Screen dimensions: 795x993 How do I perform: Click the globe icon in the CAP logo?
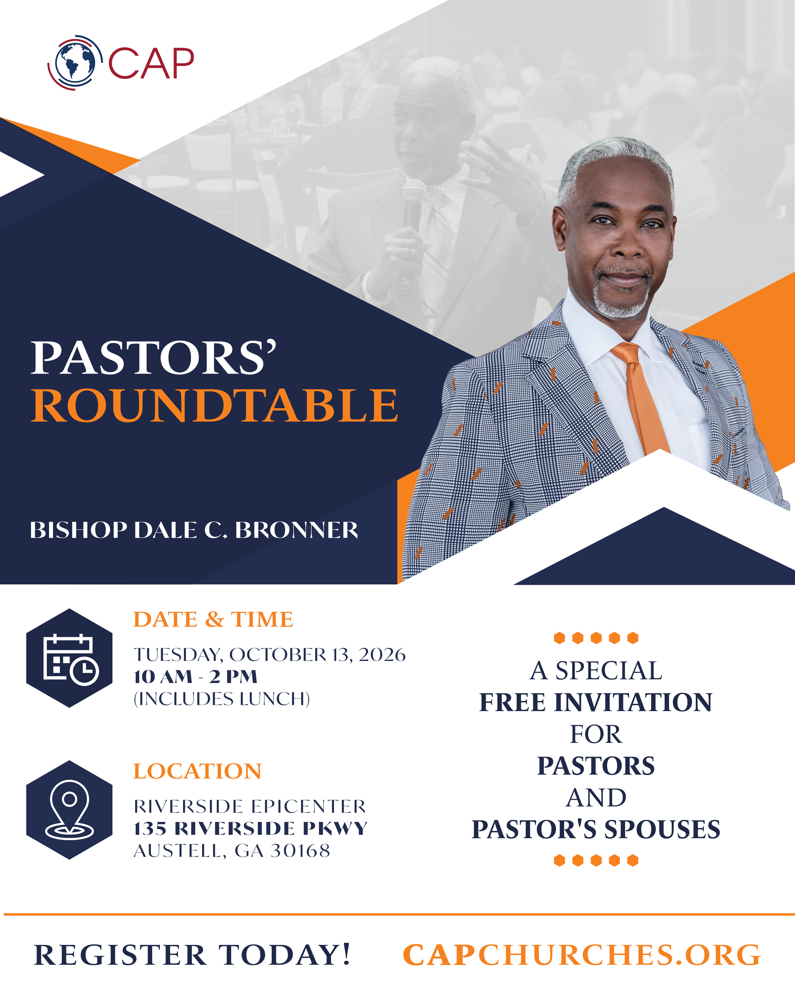(x=75, y=62)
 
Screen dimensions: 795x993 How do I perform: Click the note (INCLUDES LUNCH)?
(x=222, y=699)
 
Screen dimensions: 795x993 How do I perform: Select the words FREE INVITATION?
(x=596, y=702)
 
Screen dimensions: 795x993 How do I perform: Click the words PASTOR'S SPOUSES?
(x=596, y=830)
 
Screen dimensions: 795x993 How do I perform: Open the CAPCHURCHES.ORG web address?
(x=582, y=955)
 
